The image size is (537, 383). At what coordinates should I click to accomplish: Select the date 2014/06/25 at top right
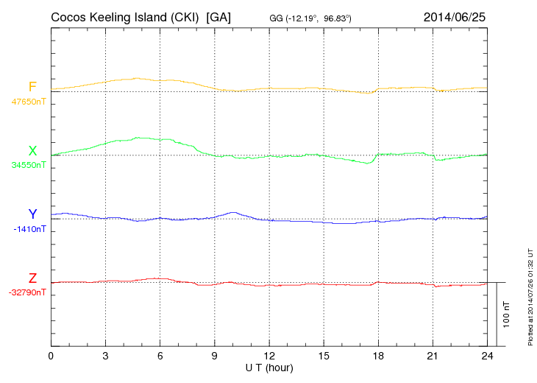click(x=454, y=17)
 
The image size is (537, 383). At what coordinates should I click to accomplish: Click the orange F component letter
click(x=32, y=87)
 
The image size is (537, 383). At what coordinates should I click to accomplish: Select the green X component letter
click(x=32, y=151)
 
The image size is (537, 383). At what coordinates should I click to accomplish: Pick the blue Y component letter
click(x=32, y=214)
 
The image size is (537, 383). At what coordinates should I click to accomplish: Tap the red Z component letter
click(x=32, y=278)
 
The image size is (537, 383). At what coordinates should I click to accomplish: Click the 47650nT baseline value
click(x=28, y=102)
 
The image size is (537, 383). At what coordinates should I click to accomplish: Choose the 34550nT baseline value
click(x=28, y=165)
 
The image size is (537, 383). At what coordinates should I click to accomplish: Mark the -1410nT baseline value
click(x=30, y=229)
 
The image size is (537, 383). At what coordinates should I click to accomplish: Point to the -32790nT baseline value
click(x=28, y=292)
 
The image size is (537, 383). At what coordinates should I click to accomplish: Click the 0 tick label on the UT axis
click(x=51, y=356)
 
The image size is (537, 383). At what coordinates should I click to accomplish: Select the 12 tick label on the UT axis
click(x=269, y=356)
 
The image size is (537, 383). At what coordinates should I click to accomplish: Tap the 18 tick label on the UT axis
click(x=378, y=356)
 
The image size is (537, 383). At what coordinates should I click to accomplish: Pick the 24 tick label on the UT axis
click(x=487, y=356)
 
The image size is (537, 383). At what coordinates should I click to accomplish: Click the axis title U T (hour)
click(x=269, y=367)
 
